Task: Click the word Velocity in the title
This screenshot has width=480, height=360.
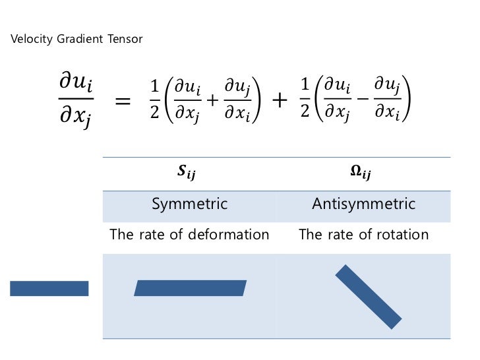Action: click(x=29, y=40)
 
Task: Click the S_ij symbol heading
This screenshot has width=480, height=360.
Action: click(x=187, y=173)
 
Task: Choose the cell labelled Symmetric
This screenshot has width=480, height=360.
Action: click(x=190, y=204)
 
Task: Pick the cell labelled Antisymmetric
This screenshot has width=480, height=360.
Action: click(x=364, y=204)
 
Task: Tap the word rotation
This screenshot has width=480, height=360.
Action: click(x=403, y=235)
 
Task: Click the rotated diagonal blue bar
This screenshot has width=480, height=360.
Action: click(x=368, y=296)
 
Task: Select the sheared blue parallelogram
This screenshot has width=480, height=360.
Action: click(x=190, y=288)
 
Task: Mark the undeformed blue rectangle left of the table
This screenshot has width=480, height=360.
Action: click(x=49, y=288)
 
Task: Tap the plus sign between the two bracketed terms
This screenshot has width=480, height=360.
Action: click(x=279, y=101)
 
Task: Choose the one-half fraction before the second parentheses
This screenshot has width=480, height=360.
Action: click(x=305, y=100)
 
